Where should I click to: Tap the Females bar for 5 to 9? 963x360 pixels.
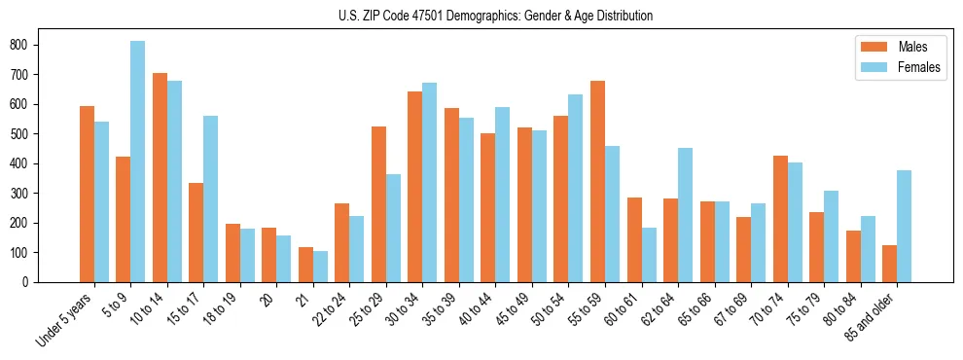[137, 162]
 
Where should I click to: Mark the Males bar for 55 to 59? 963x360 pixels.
[597, 181]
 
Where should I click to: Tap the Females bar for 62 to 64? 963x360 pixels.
[685, 215]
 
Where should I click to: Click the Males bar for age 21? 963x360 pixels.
[305, 265]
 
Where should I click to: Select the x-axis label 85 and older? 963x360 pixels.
[873, 318]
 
